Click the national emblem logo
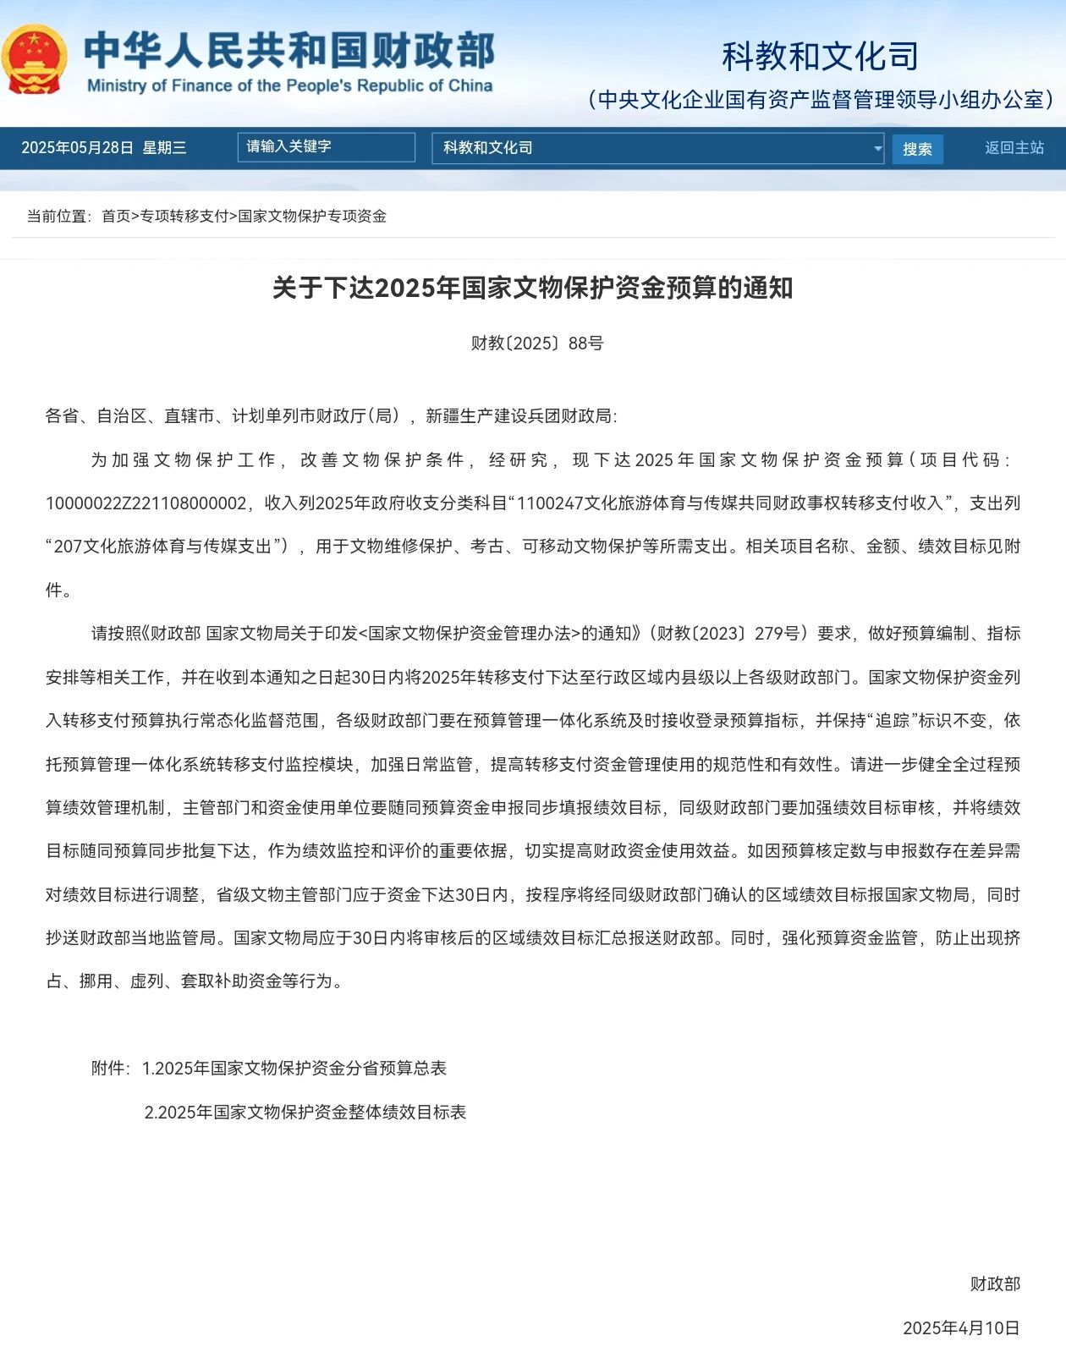click(34, 59)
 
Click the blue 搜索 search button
click(917, 149)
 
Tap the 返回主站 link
click(1014, 148)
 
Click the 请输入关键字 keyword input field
click(326, 147)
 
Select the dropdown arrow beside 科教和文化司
click(876, 149)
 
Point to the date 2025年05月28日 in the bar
click(77, 148)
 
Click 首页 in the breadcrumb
click(116, 216)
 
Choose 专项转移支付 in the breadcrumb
click(184, 216)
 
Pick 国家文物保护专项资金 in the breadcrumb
click(312, 216)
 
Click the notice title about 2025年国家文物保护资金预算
click(533, 288)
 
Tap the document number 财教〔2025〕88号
click(537, 343)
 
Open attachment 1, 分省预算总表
click(294, 1069)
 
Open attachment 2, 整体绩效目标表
click(305, 1113)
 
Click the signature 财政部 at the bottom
click(995, 1284)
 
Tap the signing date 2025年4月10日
click(961, 1328)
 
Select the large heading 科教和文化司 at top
click(820, 57)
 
